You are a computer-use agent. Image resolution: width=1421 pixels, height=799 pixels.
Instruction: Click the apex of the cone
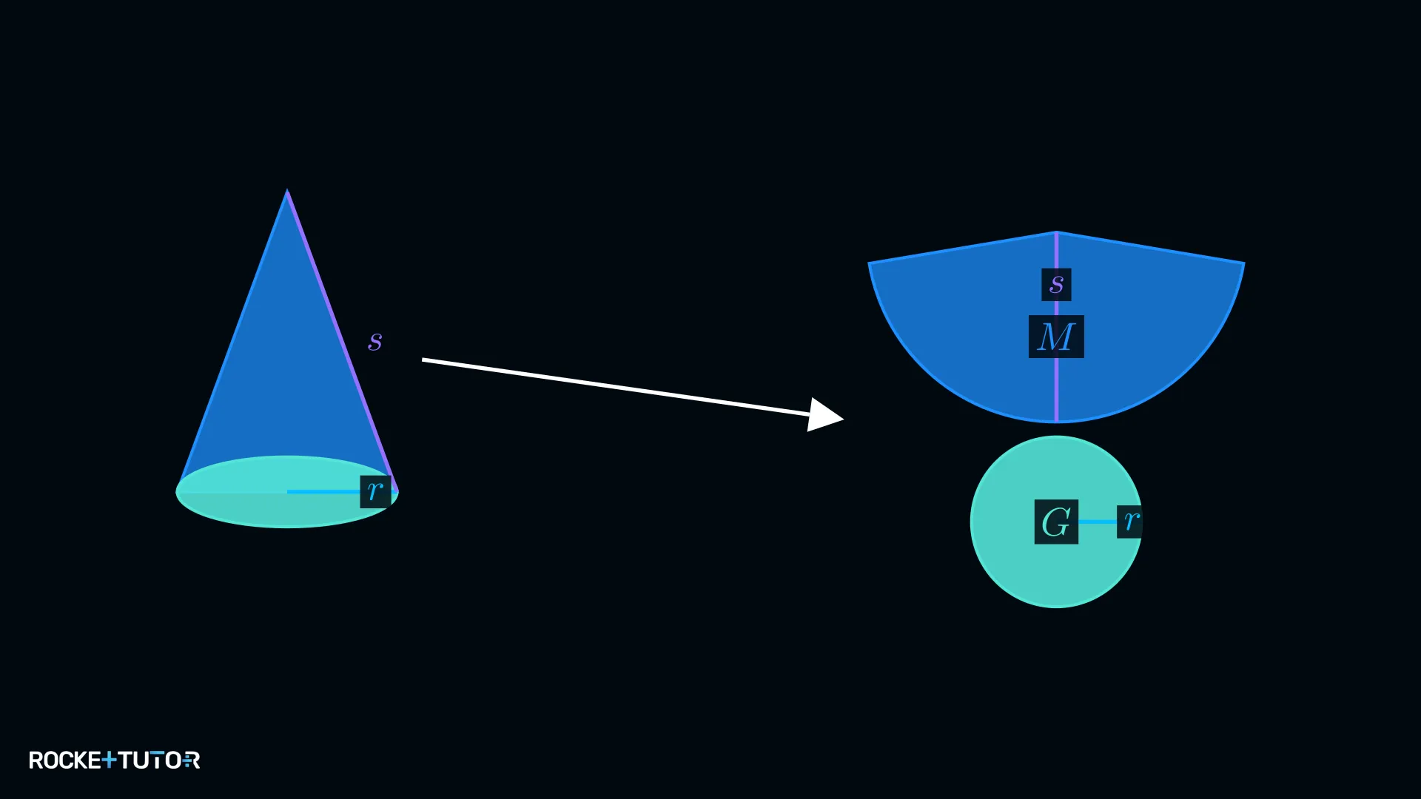tap(287, 191)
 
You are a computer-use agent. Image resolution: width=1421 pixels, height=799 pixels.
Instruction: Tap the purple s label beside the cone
tap(375, 341)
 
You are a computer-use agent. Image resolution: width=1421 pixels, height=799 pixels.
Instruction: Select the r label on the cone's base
tap(375, 491)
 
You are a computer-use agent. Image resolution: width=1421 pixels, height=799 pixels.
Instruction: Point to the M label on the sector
tap(1056, 337)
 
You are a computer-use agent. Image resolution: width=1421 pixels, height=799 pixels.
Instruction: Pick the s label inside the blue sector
tap(1056, 284)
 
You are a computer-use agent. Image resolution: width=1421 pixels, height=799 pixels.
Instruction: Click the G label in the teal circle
tap(1056, 522)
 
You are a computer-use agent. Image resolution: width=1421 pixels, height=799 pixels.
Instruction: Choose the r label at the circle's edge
tap(1130, 521)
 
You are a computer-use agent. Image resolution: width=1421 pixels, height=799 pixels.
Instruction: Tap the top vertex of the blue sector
tap(1056, 232)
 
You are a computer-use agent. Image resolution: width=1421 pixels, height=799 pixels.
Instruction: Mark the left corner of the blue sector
tap(869, 263)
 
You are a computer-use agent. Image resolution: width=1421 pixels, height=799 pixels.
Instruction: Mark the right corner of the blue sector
tap(1244, 263)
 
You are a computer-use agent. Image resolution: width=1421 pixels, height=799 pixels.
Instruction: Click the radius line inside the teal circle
tap(1098, 522)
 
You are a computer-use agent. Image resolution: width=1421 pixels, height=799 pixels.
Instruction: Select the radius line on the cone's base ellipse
tap(324, 491)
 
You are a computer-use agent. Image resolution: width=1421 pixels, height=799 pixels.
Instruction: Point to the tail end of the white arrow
tap(423, 360)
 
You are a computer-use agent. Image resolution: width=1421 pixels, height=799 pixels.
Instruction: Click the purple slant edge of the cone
tap(343, 341)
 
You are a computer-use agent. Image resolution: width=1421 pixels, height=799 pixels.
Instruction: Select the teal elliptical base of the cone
tap(287, 492)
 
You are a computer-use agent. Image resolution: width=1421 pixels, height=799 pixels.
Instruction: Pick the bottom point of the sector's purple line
tap(1056, 422)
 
